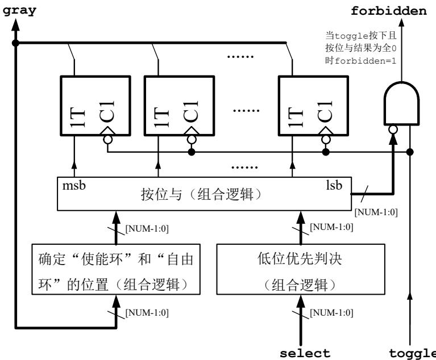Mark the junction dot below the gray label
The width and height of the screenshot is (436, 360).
(x=16, y=43)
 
